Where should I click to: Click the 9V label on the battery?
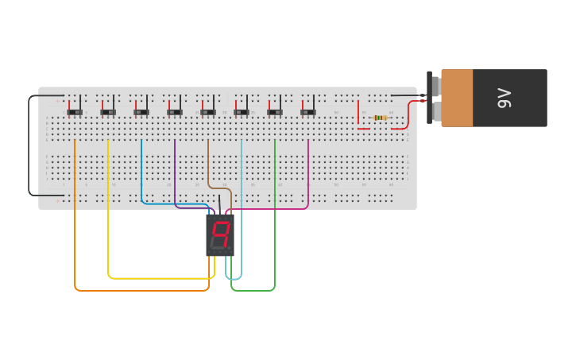click(504, 98)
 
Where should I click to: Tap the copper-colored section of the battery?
click(457, 98)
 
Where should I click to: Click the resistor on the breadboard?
click(381, 118)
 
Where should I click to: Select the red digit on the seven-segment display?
click(220, 234)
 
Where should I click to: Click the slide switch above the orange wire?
click(75, 112)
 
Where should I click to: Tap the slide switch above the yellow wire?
click(108, 112)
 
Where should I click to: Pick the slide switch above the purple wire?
click(175, 112)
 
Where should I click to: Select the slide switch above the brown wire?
click(208, 112)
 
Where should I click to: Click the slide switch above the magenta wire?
click(308, 112)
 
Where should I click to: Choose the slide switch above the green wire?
click(275, 112)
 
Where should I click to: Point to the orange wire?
click(75, 223)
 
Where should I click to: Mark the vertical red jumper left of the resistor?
click(358, 114)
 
